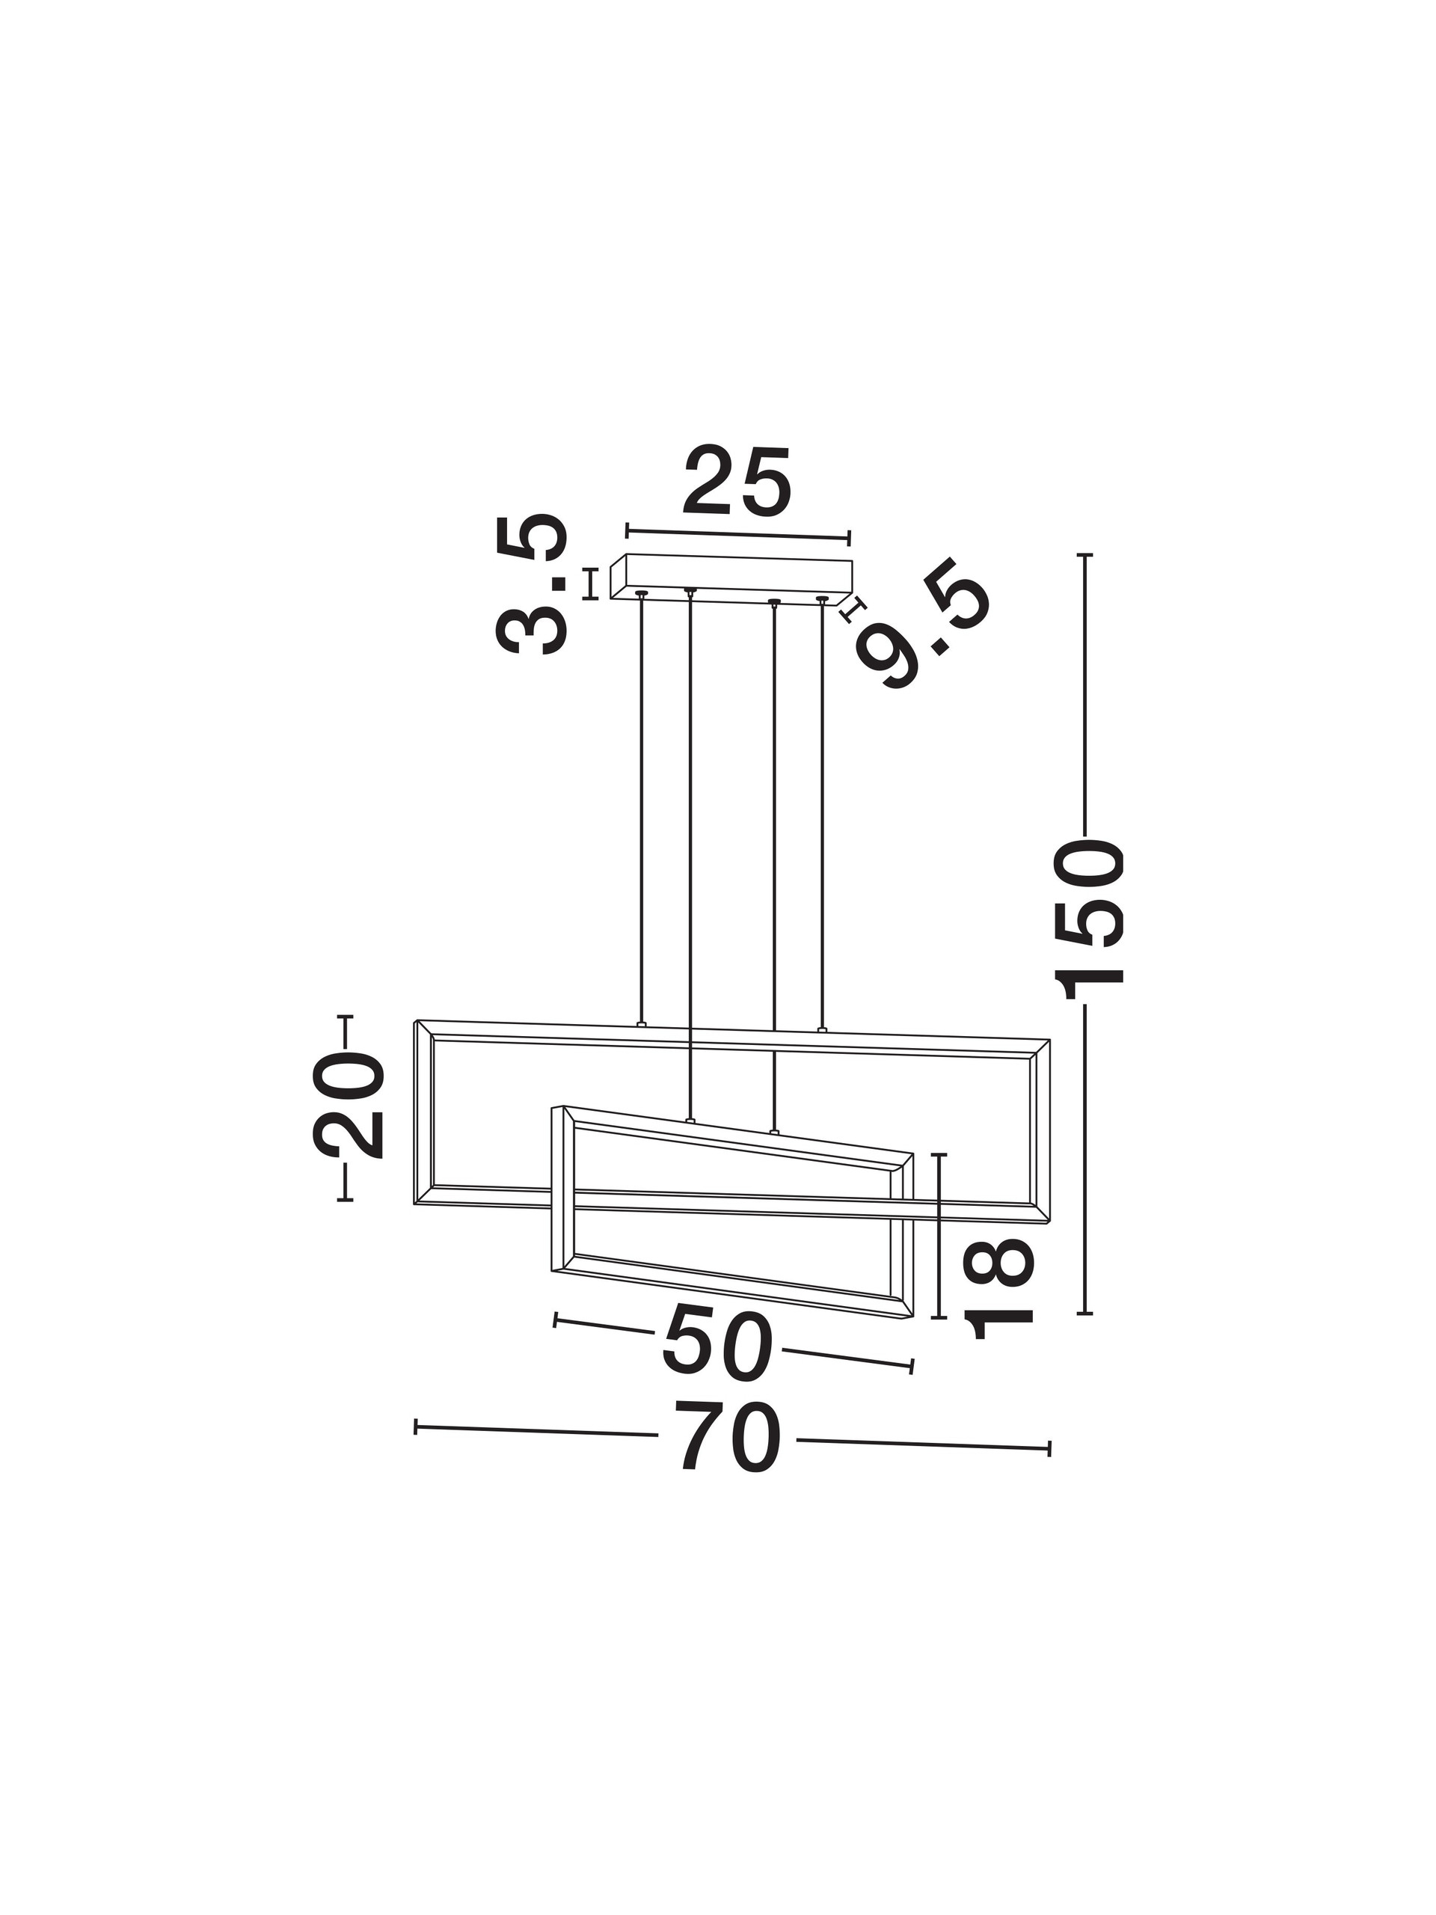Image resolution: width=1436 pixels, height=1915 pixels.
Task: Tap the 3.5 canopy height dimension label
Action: (x=532, y=583)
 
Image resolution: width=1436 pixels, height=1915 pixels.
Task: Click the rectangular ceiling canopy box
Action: (x=731, y=578)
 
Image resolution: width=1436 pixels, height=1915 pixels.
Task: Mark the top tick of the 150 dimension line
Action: (x=1084, y=554)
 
